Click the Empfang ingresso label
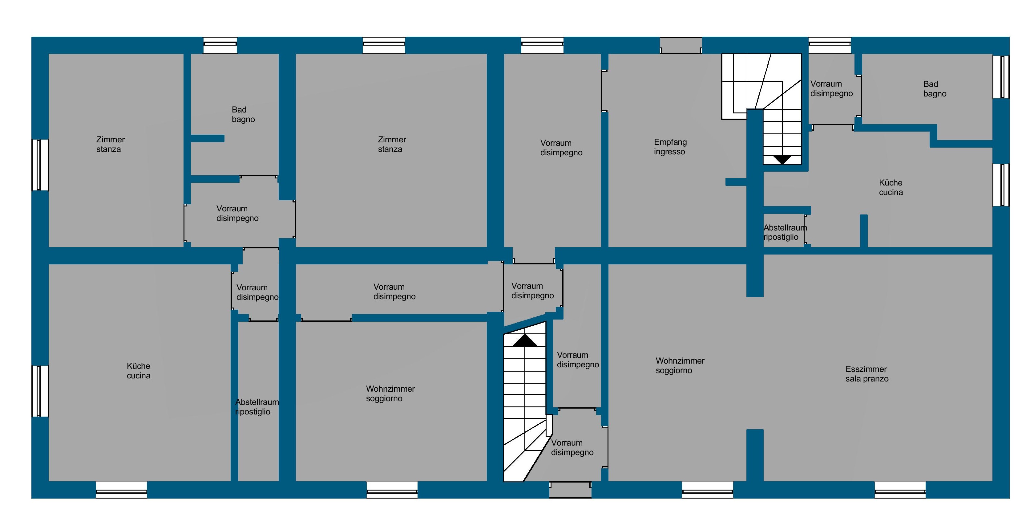click(x=670, y=147)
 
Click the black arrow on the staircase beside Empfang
click(x=782, y=160)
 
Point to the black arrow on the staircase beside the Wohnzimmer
click(x=525, y=341)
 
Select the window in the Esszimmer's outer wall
click(x=900, y=490)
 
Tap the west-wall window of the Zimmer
click(x=40, y=165)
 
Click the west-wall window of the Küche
click(x=40, y=391)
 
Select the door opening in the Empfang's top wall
click(x=681, y=45)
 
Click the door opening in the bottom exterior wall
click(x=570, y=490)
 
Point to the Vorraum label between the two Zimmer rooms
click(x=237, y=213)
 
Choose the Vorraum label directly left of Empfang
click(x=561, y=148)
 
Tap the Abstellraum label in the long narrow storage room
click(x=257, y=407)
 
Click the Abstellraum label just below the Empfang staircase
click(x=785, y=232)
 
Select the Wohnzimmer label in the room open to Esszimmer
click(x=680, y=365)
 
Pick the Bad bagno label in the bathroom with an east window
click(x=935, y=89)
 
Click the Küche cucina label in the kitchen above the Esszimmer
click(x=891, y=187)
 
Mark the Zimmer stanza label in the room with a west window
click(x=110, y=144)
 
